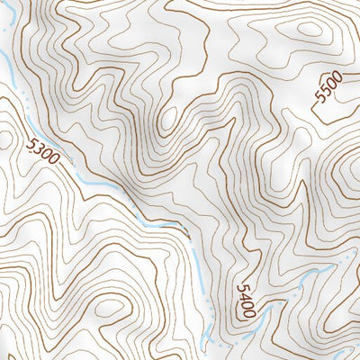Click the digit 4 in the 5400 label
(x=244, y=296)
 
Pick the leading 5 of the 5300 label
(x=32, y=141)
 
